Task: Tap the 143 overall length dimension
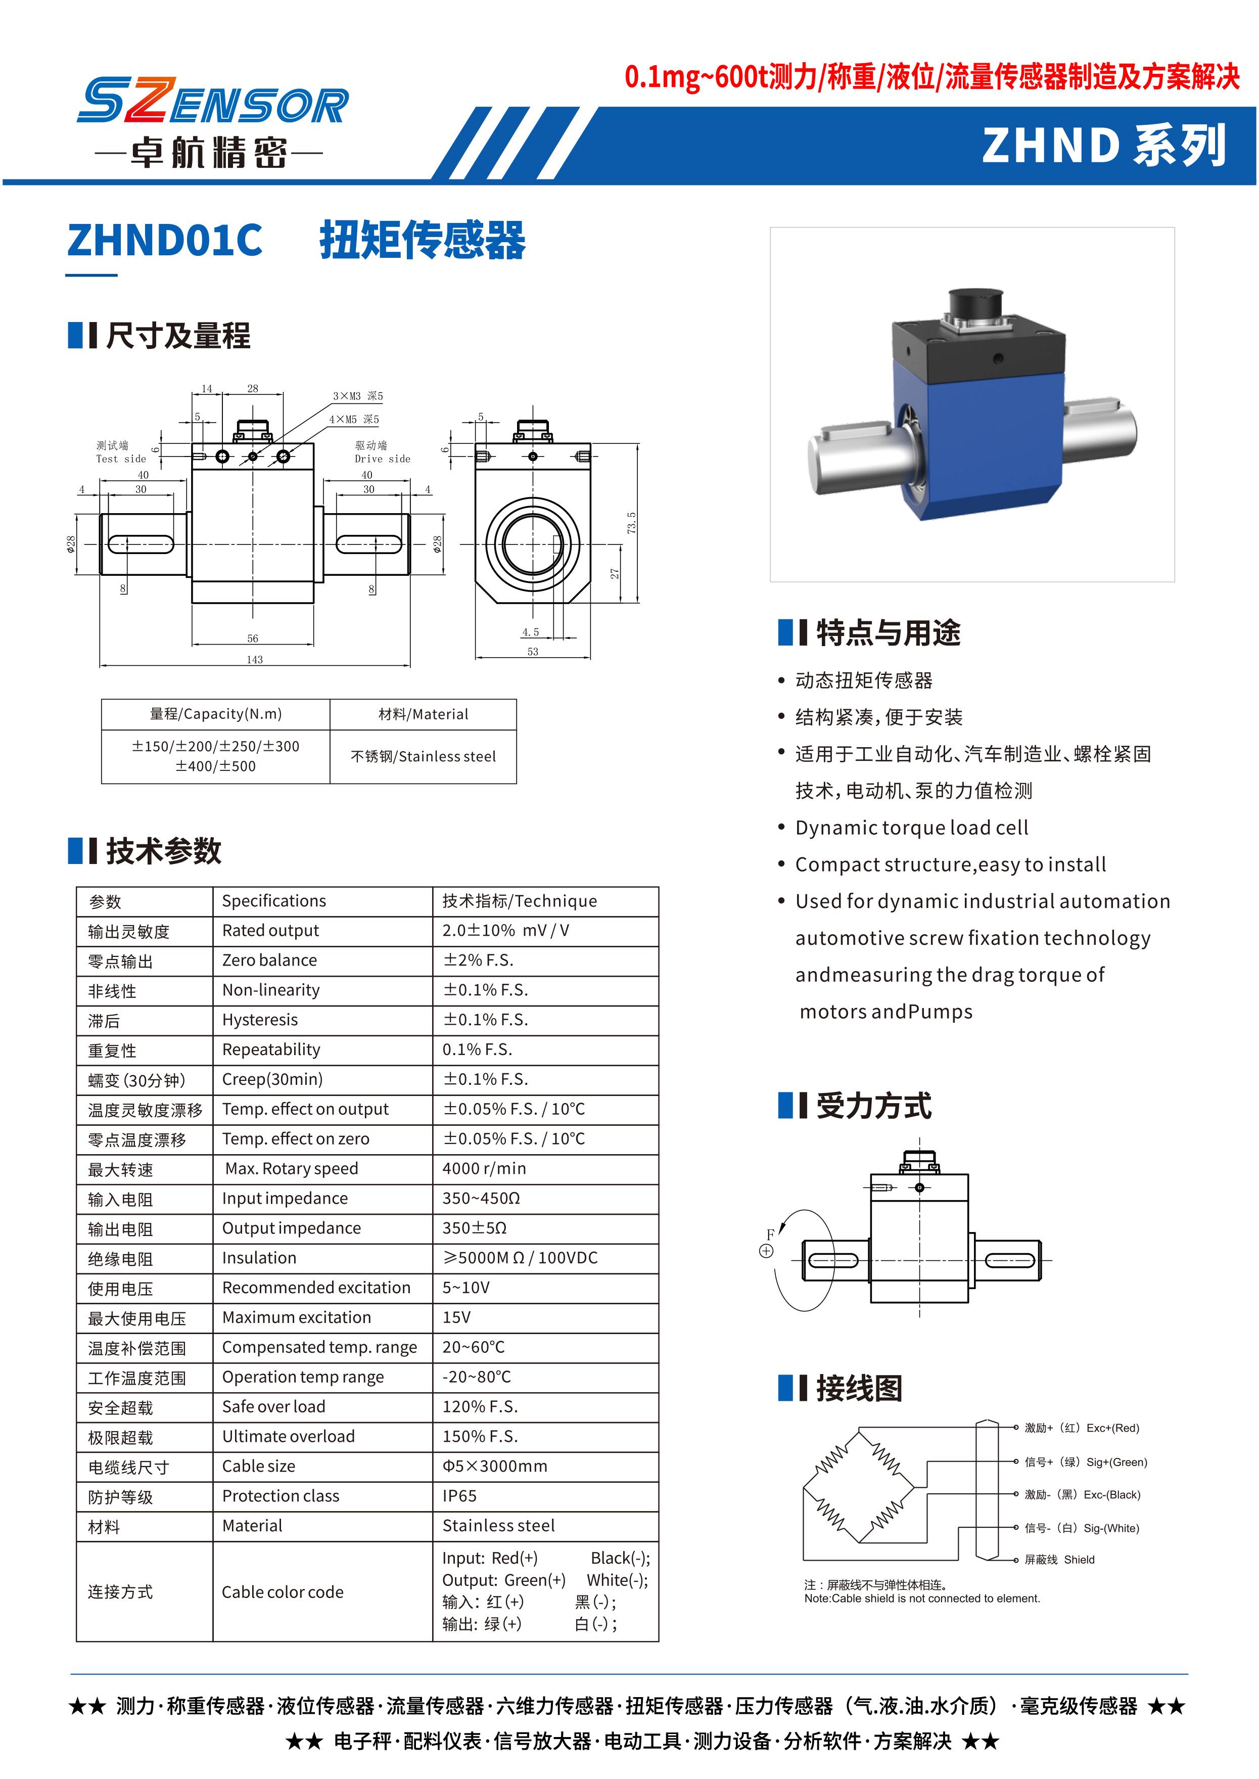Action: [254, 659]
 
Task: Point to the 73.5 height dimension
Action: [632, 522]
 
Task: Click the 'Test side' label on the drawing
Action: [121, 459]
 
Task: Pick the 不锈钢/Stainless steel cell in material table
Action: [423, 756]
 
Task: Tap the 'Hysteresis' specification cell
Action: [260, 1020]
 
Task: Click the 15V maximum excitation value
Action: [456, 1317]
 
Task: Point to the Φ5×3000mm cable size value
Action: [495, 1466]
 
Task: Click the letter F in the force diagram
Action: [770, 1235]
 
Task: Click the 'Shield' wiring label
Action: [1079, 1560]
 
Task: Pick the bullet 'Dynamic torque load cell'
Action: [912, 828]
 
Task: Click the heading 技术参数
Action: [164, 851]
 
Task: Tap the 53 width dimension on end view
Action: [533, 652]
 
